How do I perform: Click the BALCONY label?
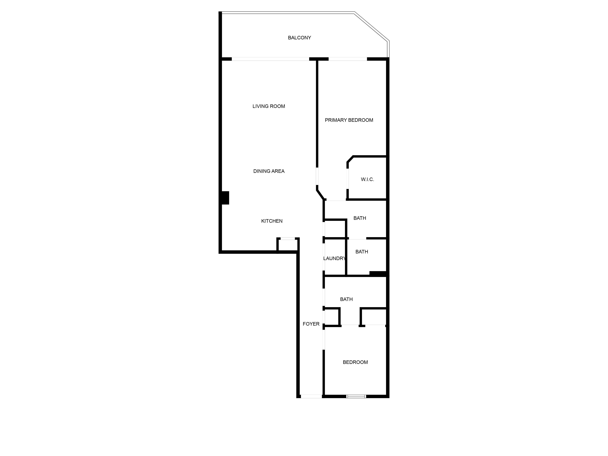[x=299, y=38]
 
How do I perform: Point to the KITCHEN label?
[x=272, y=221]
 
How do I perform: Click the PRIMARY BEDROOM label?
[x=349, y=120]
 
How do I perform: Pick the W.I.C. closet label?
[x=367, y=180]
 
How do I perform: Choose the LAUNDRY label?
[x=334, y=258]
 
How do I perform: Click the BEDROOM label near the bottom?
[x=355, y=362]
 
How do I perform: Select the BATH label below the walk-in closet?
[x=359, y=218]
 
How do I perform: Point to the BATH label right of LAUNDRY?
[x=361, y=252]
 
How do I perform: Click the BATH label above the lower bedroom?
[x=346, y=299]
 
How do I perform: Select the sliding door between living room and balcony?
[x=270, y=59]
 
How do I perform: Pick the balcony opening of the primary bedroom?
[x=348, y=59]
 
